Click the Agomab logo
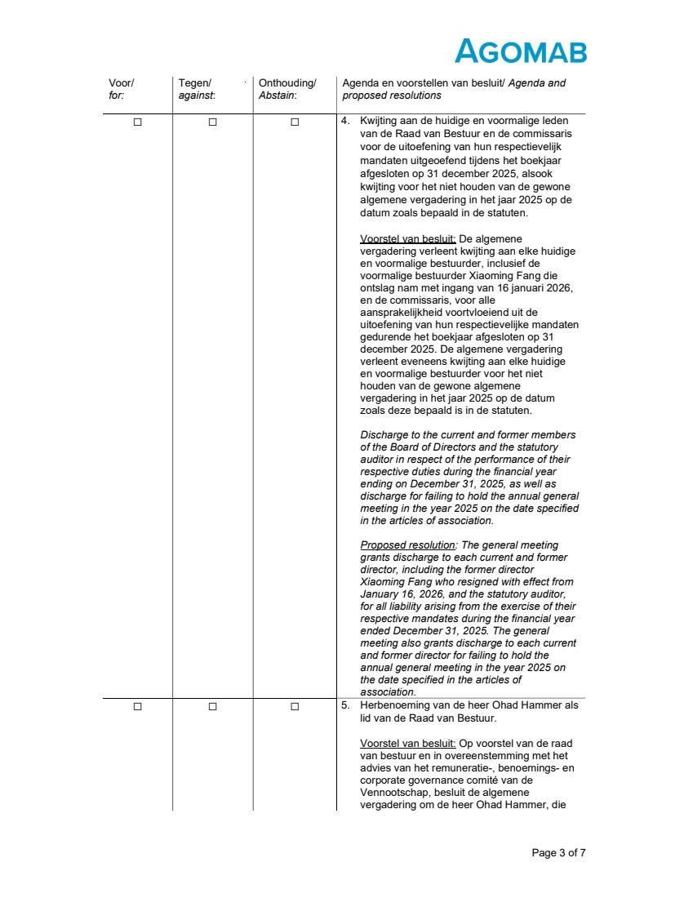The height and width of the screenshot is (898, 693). (520, 51)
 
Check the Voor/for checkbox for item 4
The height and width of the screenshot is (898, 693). (137, 122)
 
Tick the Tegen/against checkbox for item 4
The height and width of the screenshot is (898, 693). (212, 122)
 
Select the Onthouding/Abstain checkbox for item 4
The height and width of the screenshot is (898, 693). (295, 122)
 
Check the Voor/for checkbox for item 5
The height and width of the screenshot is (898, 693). (137, 706)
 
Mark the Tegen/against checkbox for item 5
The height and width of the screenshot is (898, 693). (212, 706)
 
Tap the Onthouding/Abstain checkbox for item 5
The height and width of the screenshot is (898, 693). (295, 706)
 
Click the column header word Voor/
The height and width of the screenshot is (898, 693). (122, 83)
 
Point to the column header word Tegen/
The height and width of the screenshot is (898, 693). (194, 83)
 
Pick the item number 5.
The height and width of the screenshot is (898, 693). (344, 705)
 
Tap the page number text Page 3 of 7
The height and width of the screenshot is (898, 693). (558, 853)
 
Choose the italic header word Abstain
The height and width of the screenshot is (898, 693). (278, 96)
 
